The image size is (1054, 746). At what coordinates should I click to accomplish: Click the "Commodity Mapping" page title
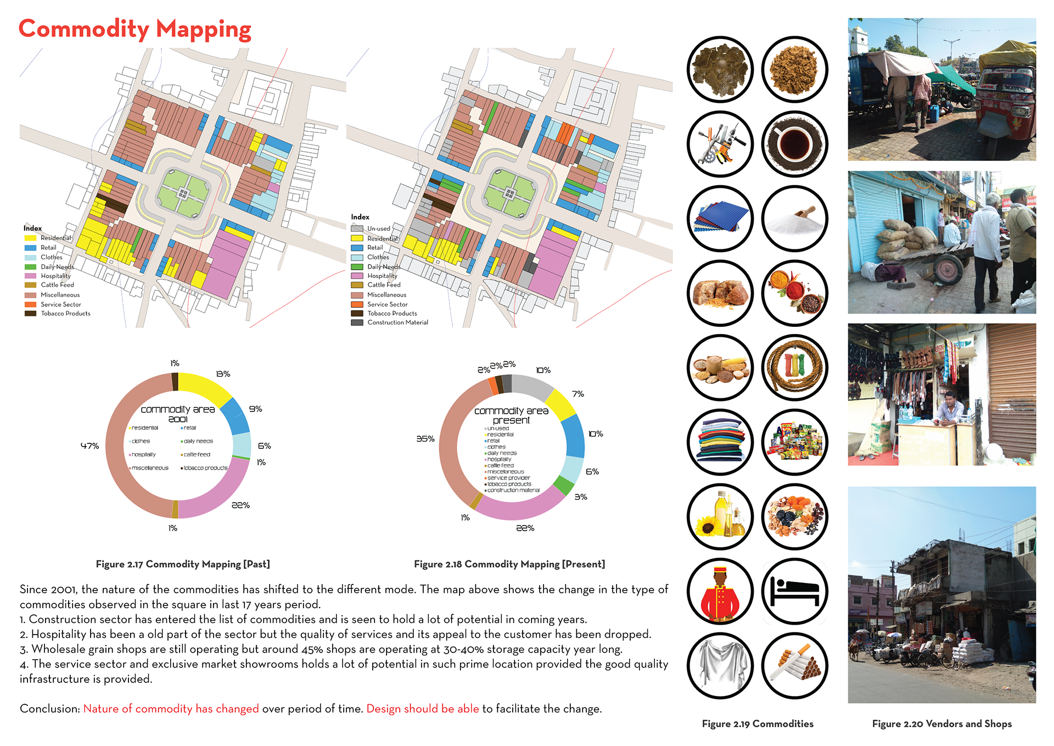[x=134, y=29]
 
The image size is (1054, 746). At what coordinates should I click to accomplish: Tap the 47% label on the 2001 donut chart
[x=89, y=446]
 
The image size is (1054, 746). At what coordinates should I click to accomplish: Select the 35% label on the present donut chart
[x=425, y=438]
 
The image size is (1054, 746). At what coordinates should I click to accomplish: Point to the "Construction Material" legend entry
[x=397, y=322]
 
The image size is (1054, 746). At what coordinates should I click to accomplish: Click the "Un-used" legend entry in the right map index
[x=378, y=229]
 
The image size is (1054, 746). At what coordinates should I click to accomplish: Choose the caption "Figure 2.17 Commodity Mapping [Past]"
[x=183, y=564]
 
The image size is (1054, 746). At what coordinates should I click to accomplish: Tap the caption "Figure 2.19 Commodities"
[x=758, y=723]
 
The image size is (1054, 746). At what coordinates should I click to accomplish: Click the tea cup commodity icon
[x=794, y=144]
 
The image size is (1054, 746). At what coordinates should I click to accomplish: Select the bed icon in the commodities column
[x=794, y=591]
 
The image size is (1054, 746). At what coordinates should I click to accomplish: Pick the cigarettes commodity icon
[x=794, y=665]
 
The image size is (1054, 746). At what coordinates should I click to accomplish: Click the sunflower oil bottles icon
[x=720, y=516]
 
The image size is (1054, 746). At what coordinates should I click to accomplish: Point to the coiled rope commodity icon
[x=794, y=368]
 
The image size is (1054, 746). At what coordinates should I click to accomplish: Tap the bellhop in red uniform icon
[x=720, y=591]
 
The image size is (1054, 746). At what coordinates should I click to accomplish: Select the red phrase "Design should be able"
[x=422, y=709]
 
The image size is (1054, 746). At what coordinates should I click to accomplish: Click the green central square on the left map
[x=183, y=193]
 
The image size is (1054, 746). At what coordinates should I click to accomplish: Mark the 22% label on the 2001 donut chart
[x=240, y=505]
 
